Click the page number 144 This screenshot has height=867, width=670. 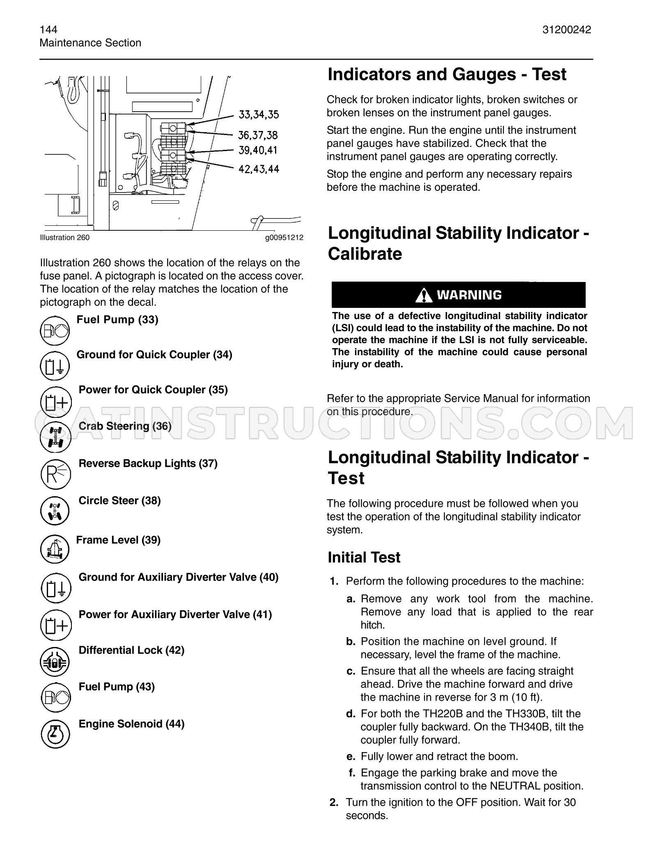click(x=48, y=30)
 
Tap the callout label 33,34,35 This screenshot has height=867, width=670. click(x=259, y=115)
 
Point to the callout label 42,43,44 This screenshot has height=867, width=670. click(x=259, y=169)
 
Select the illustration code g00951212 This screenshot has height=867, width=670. click(x=284, y=238)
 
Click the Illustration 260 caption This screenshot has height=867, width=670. click(x=64, y=238)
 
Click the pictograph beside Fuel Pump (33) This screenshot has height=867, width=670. click(x=55, y=330)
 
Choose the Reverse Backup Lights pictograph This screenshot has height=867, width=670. click(x=56, y=474)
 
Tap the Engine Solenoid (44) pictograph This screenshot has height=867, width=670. click(x=56, y=734)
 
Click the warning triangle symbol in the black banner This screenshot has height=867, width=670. click(x=424, y=295)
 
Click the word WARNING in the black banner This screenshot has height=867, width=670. click(x=469, y=295)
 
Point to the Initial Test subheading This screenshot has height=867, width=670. click(x=364, y=557)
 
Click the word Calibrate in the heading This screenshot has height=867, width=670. click(x=365, y=254)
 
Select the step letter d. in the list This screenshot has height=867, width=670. click(x=351, y=714)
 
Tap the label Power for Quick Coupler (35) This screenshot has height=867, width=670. click(x=153, y=390)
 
